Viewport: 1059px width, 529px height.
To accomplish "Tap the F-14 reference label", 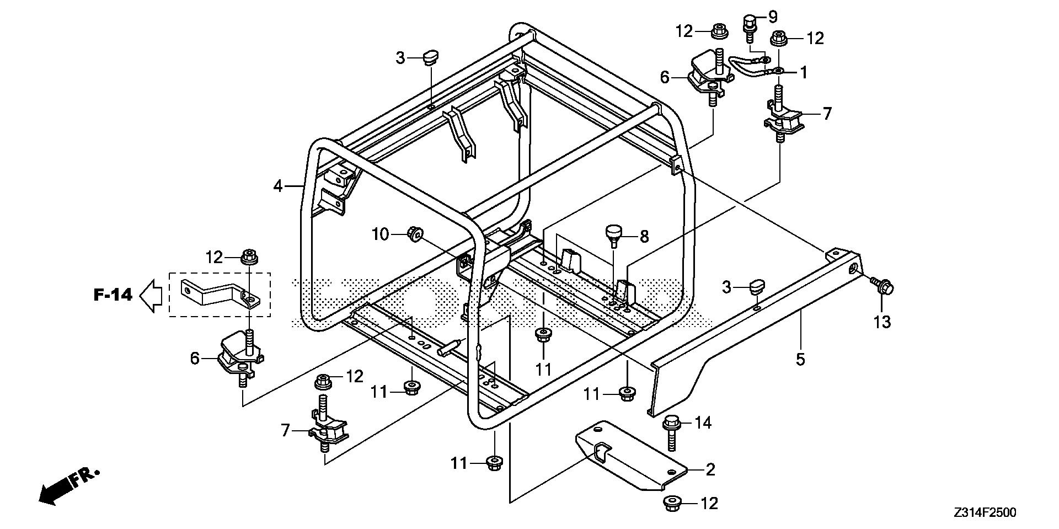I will coord(113,295).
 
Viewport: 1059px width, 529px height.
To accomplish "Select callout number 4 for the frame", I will coord(278,186).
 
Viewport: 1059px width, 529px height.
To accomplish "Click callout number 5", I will coord(800,360).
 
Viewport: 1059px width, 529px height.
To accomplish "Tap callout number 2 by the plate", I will coord(710,469).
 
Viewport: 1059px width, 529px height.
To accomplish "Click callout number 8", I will coord(644,237).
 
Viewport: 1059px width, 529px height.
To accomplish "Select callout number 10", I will coord(380,235).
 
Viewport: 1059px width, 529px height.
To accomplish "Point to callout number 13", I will coord(882,322).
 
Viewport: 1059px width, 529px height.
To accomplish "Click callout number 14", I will coord(703,423).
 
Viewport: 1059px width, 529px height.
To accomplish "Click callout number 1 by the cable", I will coord(804,72).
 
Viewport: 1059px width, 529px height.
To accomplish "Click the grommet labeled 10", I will coord(415,234).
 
